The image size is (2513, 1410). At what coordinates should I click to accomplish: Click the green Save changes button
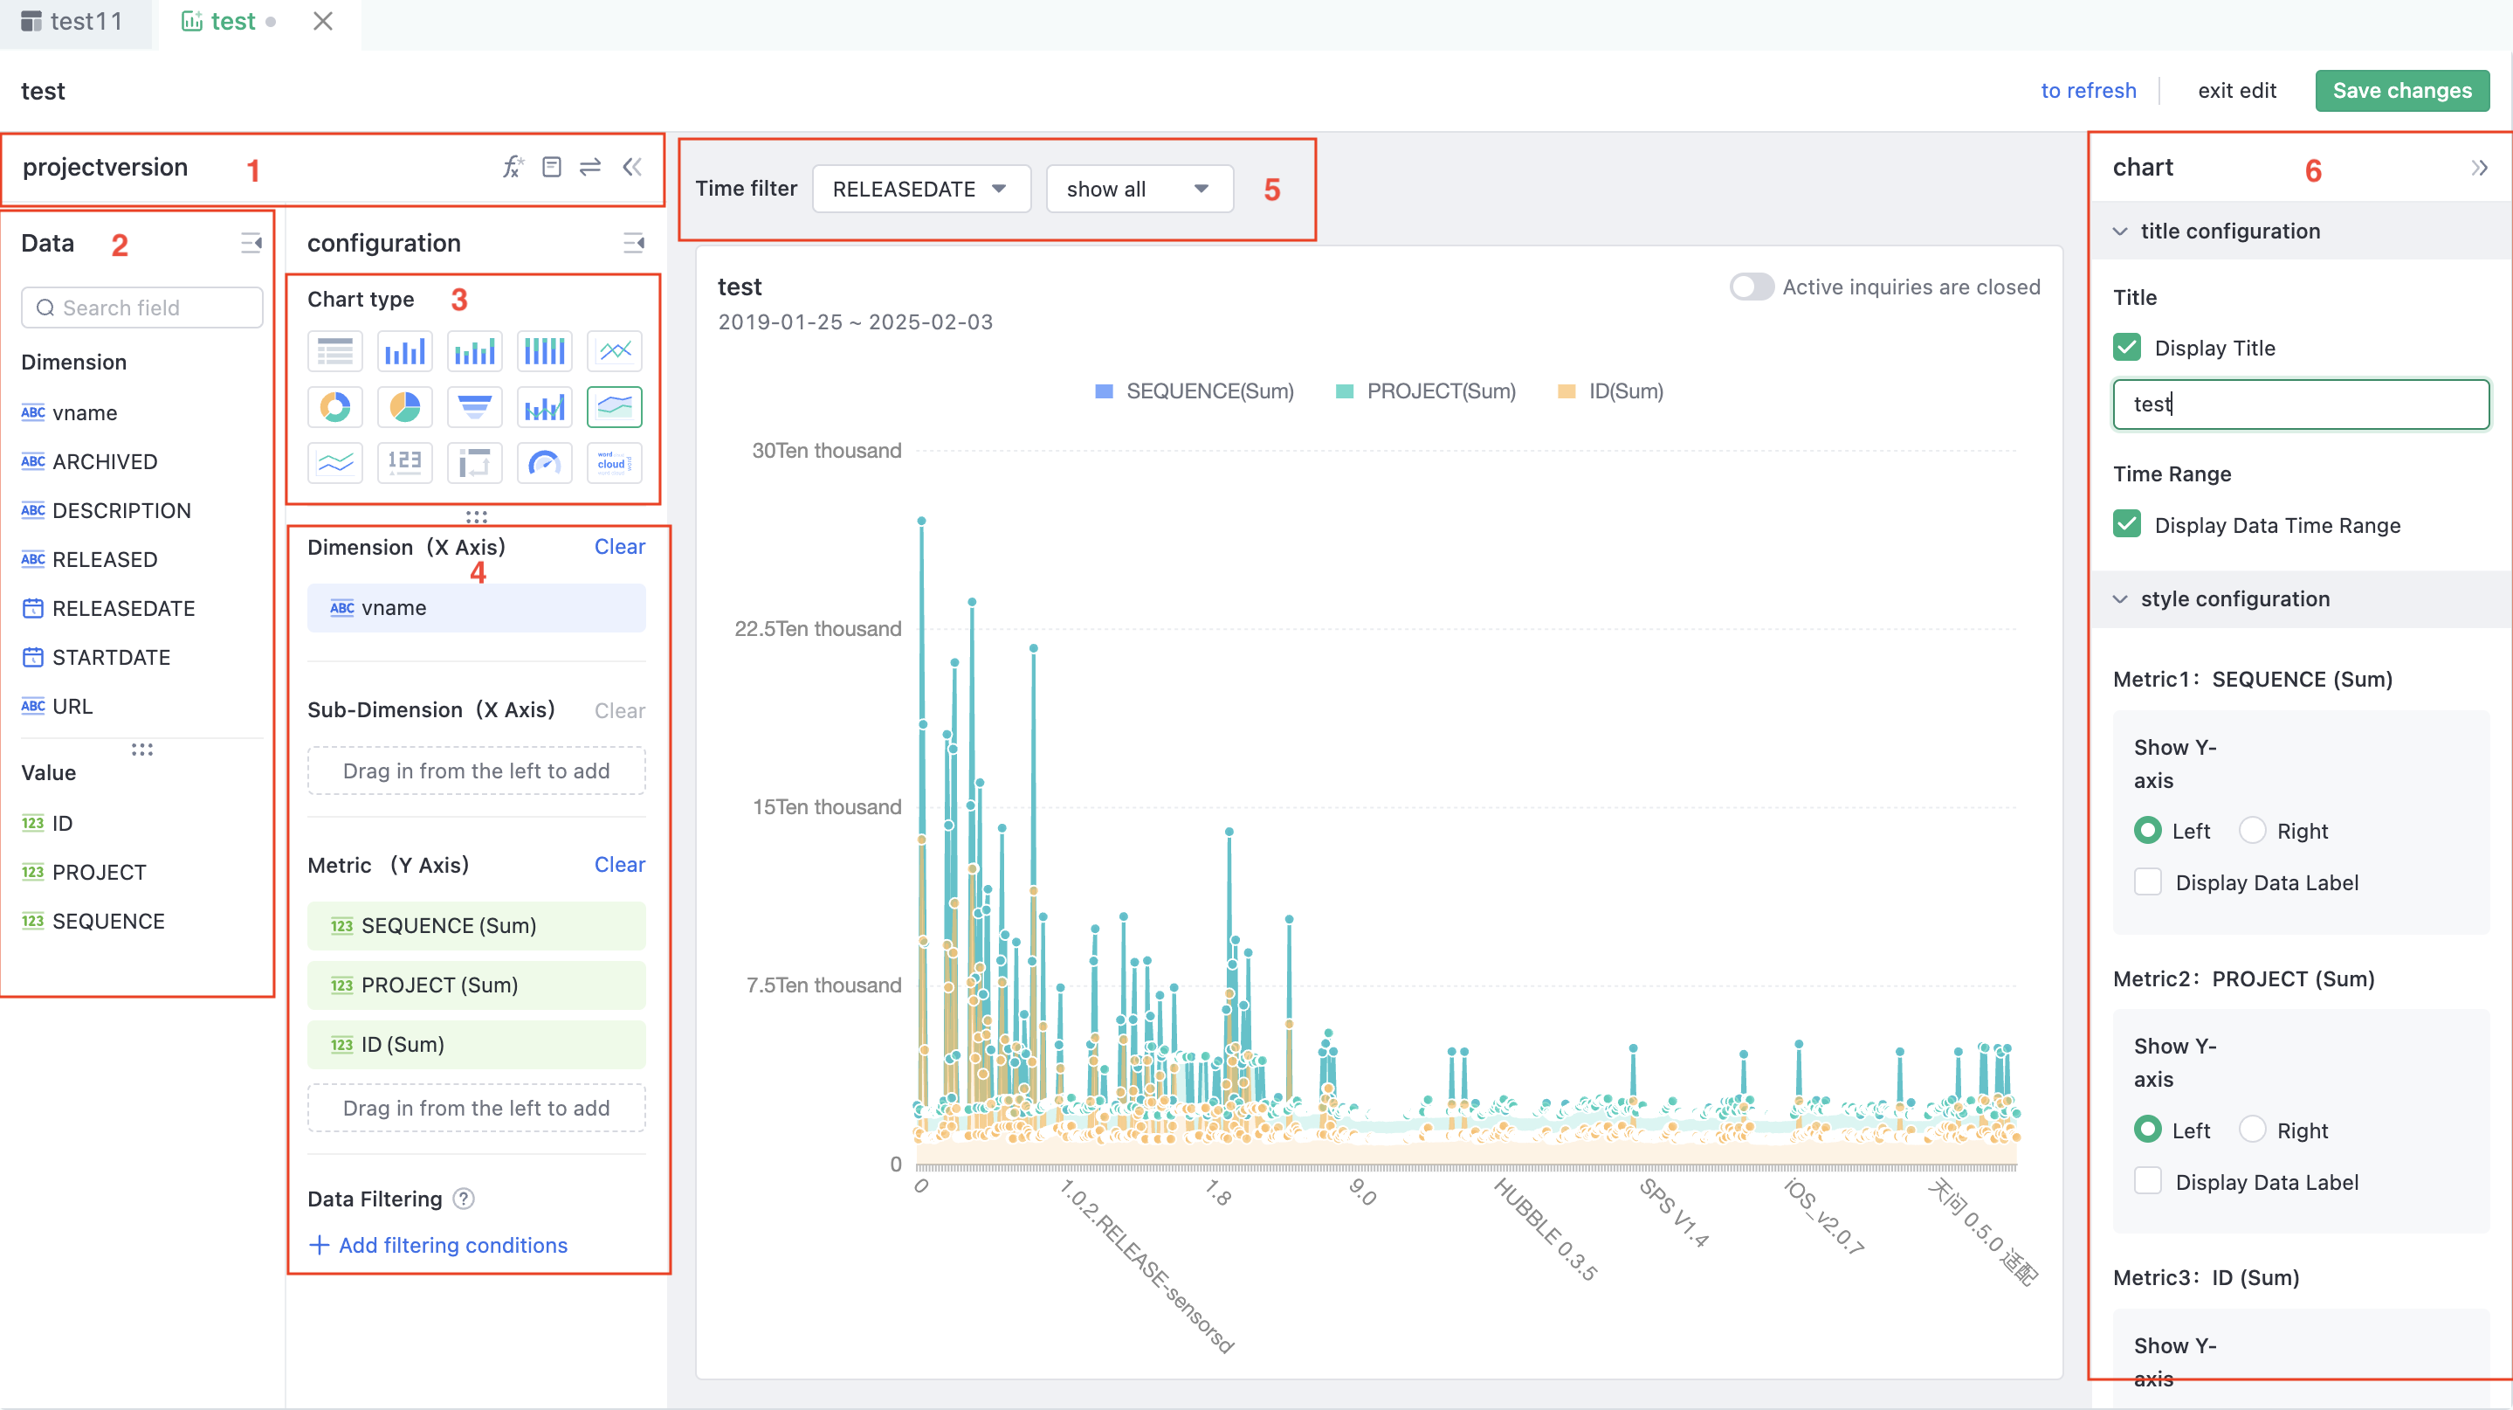pos(2401,91)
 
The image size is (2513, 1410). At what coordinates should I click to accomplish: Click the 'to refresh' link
pos(2088,91)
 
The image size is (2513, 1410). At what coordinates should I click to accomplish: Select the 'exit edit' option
pos(2236,91)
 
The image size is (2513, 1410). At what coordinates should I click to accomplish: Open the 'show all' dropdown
pos(1138,190)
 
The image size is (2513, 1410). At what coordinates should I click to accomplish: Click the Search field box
pos(142,308)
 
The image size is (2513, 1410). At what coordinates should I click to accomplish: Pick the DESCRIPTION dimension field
pos(121,510)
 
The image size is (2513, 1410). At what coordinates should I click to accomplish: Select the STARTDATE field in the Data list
pos(110,658)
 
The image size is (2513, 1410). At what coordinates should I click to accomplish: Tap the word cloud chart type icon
pos(614,462)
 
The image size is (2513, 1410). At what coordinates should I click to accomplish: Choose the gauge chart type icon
pos(544,462)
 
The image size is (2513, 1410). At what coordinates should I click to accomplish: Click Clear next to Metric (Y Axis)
pos(619,865)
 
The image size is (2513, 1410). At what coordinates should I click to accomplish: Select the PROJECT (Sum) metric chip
pos(476,985)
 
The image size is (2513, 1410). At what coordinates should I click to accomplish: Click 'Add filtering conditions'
pos(452,1245)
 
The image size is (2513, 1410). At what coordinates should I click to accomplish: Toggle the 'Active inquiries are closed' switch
pos(1751,287)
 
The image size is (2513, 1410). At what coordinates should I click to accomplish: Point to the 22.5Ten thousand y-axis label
pos(817,629)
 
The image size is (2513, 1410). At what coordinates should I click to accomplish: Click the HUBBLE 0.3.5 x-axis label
pos(1546,1228)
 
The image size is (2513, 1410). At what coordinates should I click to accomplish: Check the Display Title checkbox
pos(2127,349)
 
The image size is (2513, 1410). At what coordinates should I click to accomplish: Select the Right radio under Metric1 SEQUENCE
pos(2252,831)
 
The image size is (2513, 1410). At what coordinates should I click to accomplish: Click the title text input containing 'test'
pos(2300,404)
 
